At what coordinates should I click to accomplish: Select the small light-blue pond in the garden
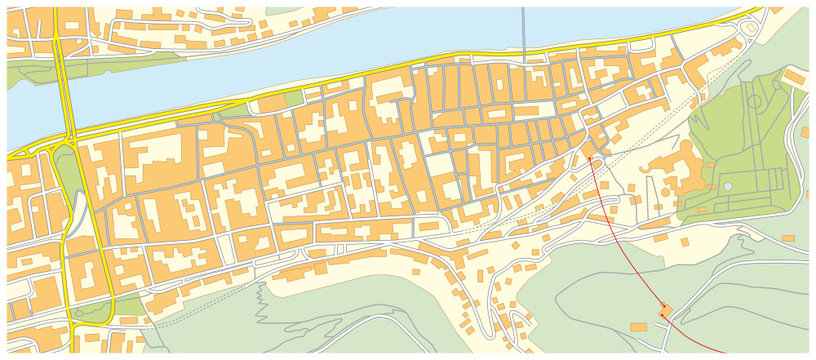[727, 187]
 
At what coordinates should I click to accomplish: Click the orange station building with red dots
[663, 312]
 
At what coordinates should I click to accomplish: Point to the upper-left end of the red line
[591, 156]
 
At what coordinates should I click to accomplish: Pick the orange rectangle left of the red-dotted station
[638, 327]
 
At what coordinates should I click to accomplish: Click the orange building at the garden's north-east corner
[795, 77]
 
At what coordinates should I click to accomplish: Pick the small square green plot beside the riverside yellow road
[292, 99]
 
